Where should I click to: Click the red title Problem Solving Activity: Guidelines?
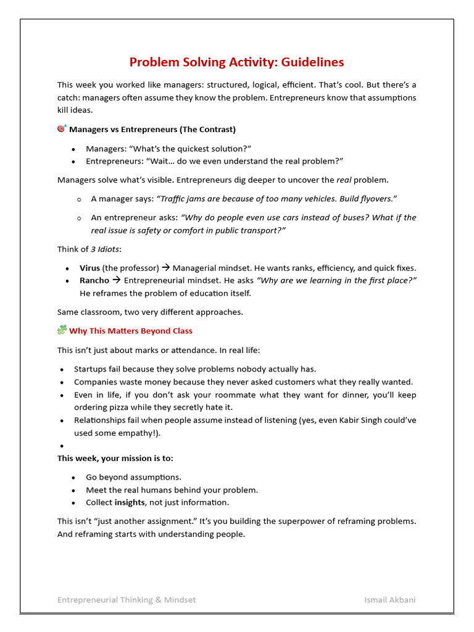click(236, 62)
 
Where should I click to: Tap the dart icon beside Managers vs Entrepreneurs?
click(62, 128)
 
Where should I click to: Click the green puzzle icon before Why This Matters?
click(62, 330)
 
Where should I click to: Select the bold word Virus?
click(89, 268)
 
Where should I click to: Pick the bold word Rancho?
click(94, 280)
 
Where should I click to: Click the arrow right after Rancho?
click(116, 280)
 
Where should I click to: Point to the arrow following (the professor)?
click(165, 268)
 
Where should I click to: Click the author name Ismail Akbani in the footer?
click(390, 600)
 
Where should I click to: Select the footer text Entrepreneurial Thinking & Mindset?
click(127, 600)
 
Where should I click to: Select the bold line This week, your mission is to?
click(115, 458)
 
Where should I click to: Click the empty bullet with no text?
click(62, 446)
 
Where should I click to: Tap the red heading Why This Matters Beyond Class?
click(131, 331)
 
